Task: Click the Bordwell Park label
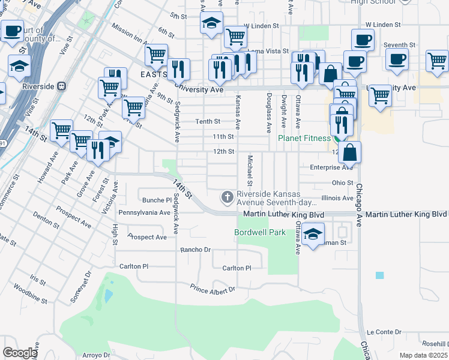pos(259,232)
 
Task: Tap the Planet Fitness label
pos(304,139)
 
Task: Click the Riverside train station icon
pos(61,86)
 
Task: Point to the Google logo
pos(20,353)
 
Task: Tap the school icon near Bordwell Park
pos(313,235)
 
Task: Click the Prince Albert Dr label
pos(212,290)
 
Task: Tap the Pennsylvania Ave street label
pos(145,212)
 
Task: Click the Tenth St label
pos(208,121)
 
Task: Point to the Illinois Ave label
pos(337,197)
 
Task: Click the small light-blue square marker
pos(379,275)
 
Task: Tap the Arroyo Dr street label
pos(98,355)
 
